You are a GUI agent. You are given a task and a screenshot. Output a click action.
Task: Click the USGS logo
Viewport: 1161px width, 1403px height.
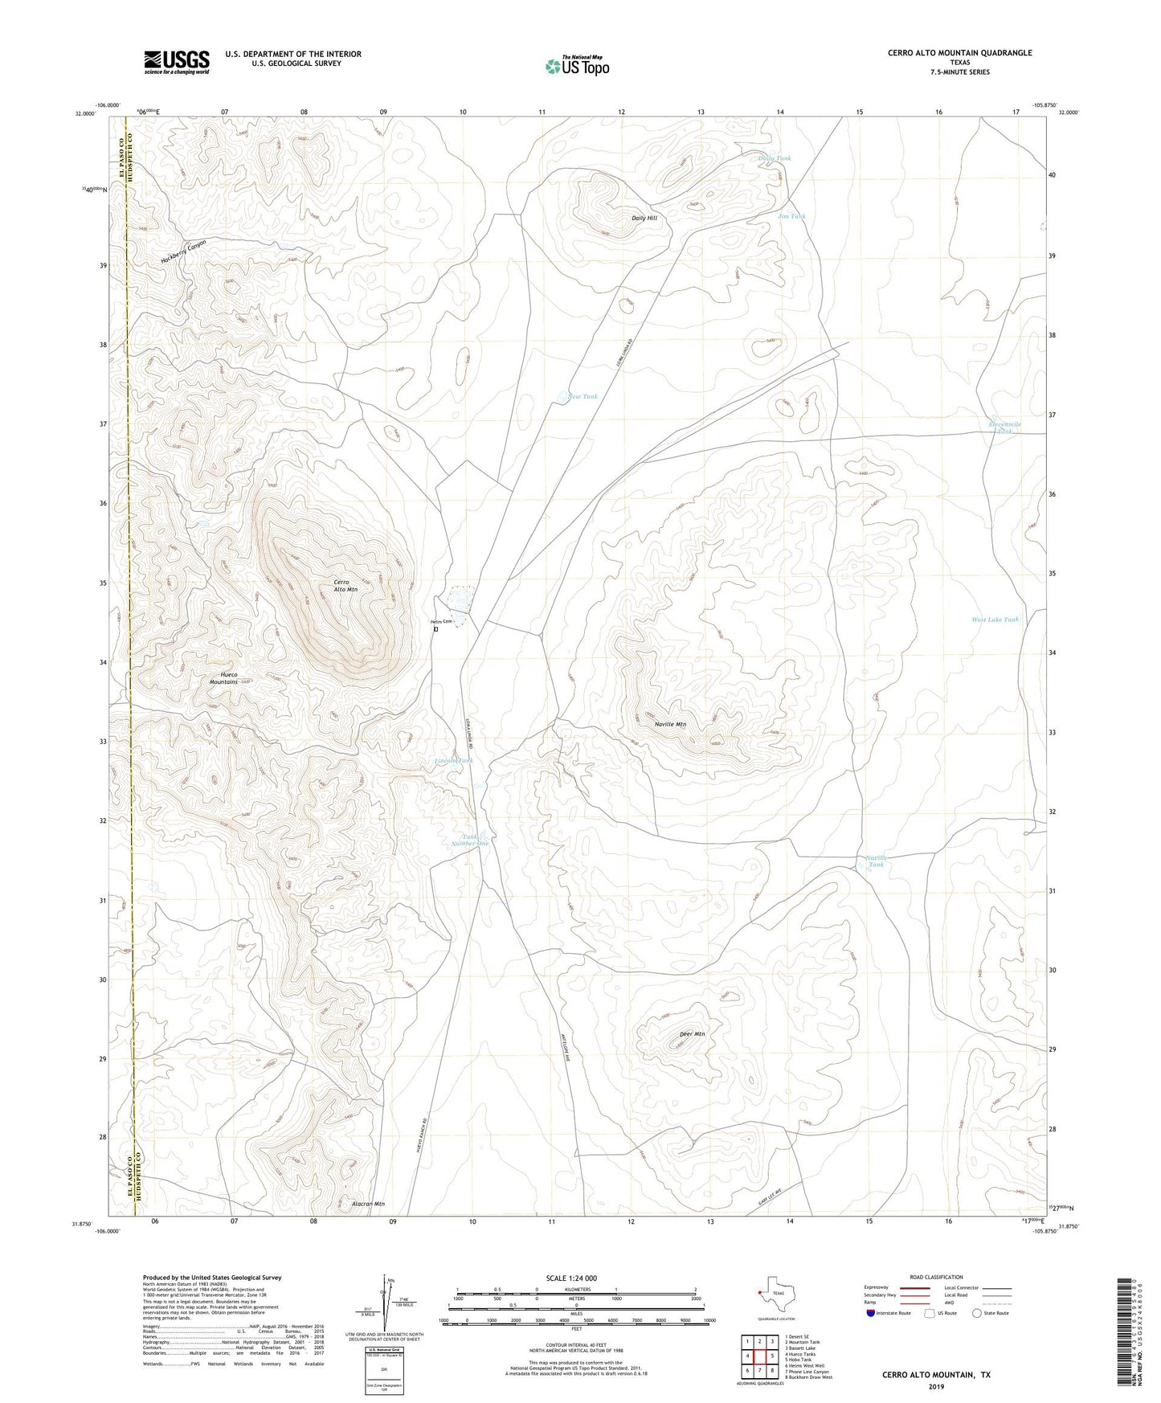[177, 62]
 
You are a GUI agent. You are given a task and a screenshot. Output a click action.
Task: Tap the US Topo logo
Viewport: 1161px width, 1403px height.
[576, 66]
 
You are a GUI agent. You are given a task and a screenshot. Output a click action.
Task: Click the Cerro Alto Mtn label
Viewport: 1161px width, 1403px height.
[345, 586]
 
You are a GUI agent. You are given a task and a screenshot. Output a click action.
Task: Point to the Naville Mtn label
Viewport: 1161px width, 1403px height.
[670, 724]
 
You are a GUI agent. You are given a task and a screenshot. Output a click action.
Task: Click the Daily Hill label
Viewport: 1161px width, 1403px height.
[649, 218]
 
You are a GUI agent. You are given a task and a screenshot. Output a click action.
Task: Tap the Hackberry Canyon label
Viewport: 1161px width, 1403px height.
[183, 252]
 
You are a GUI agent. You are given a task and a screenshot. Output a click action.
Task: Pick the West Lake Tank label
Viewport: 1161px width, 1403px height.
[995, 620]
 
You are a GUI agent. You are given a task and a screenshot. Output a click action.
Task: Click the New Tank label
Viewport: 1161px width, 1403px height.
[583, 396]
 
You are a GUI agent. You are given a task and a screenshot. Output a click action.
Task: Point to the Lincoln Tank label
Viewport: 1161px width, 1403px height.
[454, 760]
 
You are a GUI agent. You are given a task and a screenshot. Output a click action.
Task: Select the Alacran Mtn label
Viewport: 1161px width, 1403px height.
[369, 1204]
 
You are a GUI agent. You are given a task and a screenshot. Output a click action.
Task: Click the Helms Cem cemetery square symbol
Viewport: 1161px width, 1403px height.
[435, 629]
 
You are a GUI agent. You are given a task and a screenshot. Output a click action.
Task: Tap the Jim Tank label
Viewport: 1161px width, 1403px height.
[791, 216]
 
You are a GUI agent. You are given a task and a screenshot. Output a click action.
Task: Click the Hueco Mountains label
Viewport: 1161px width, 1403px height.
[223, 678]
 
